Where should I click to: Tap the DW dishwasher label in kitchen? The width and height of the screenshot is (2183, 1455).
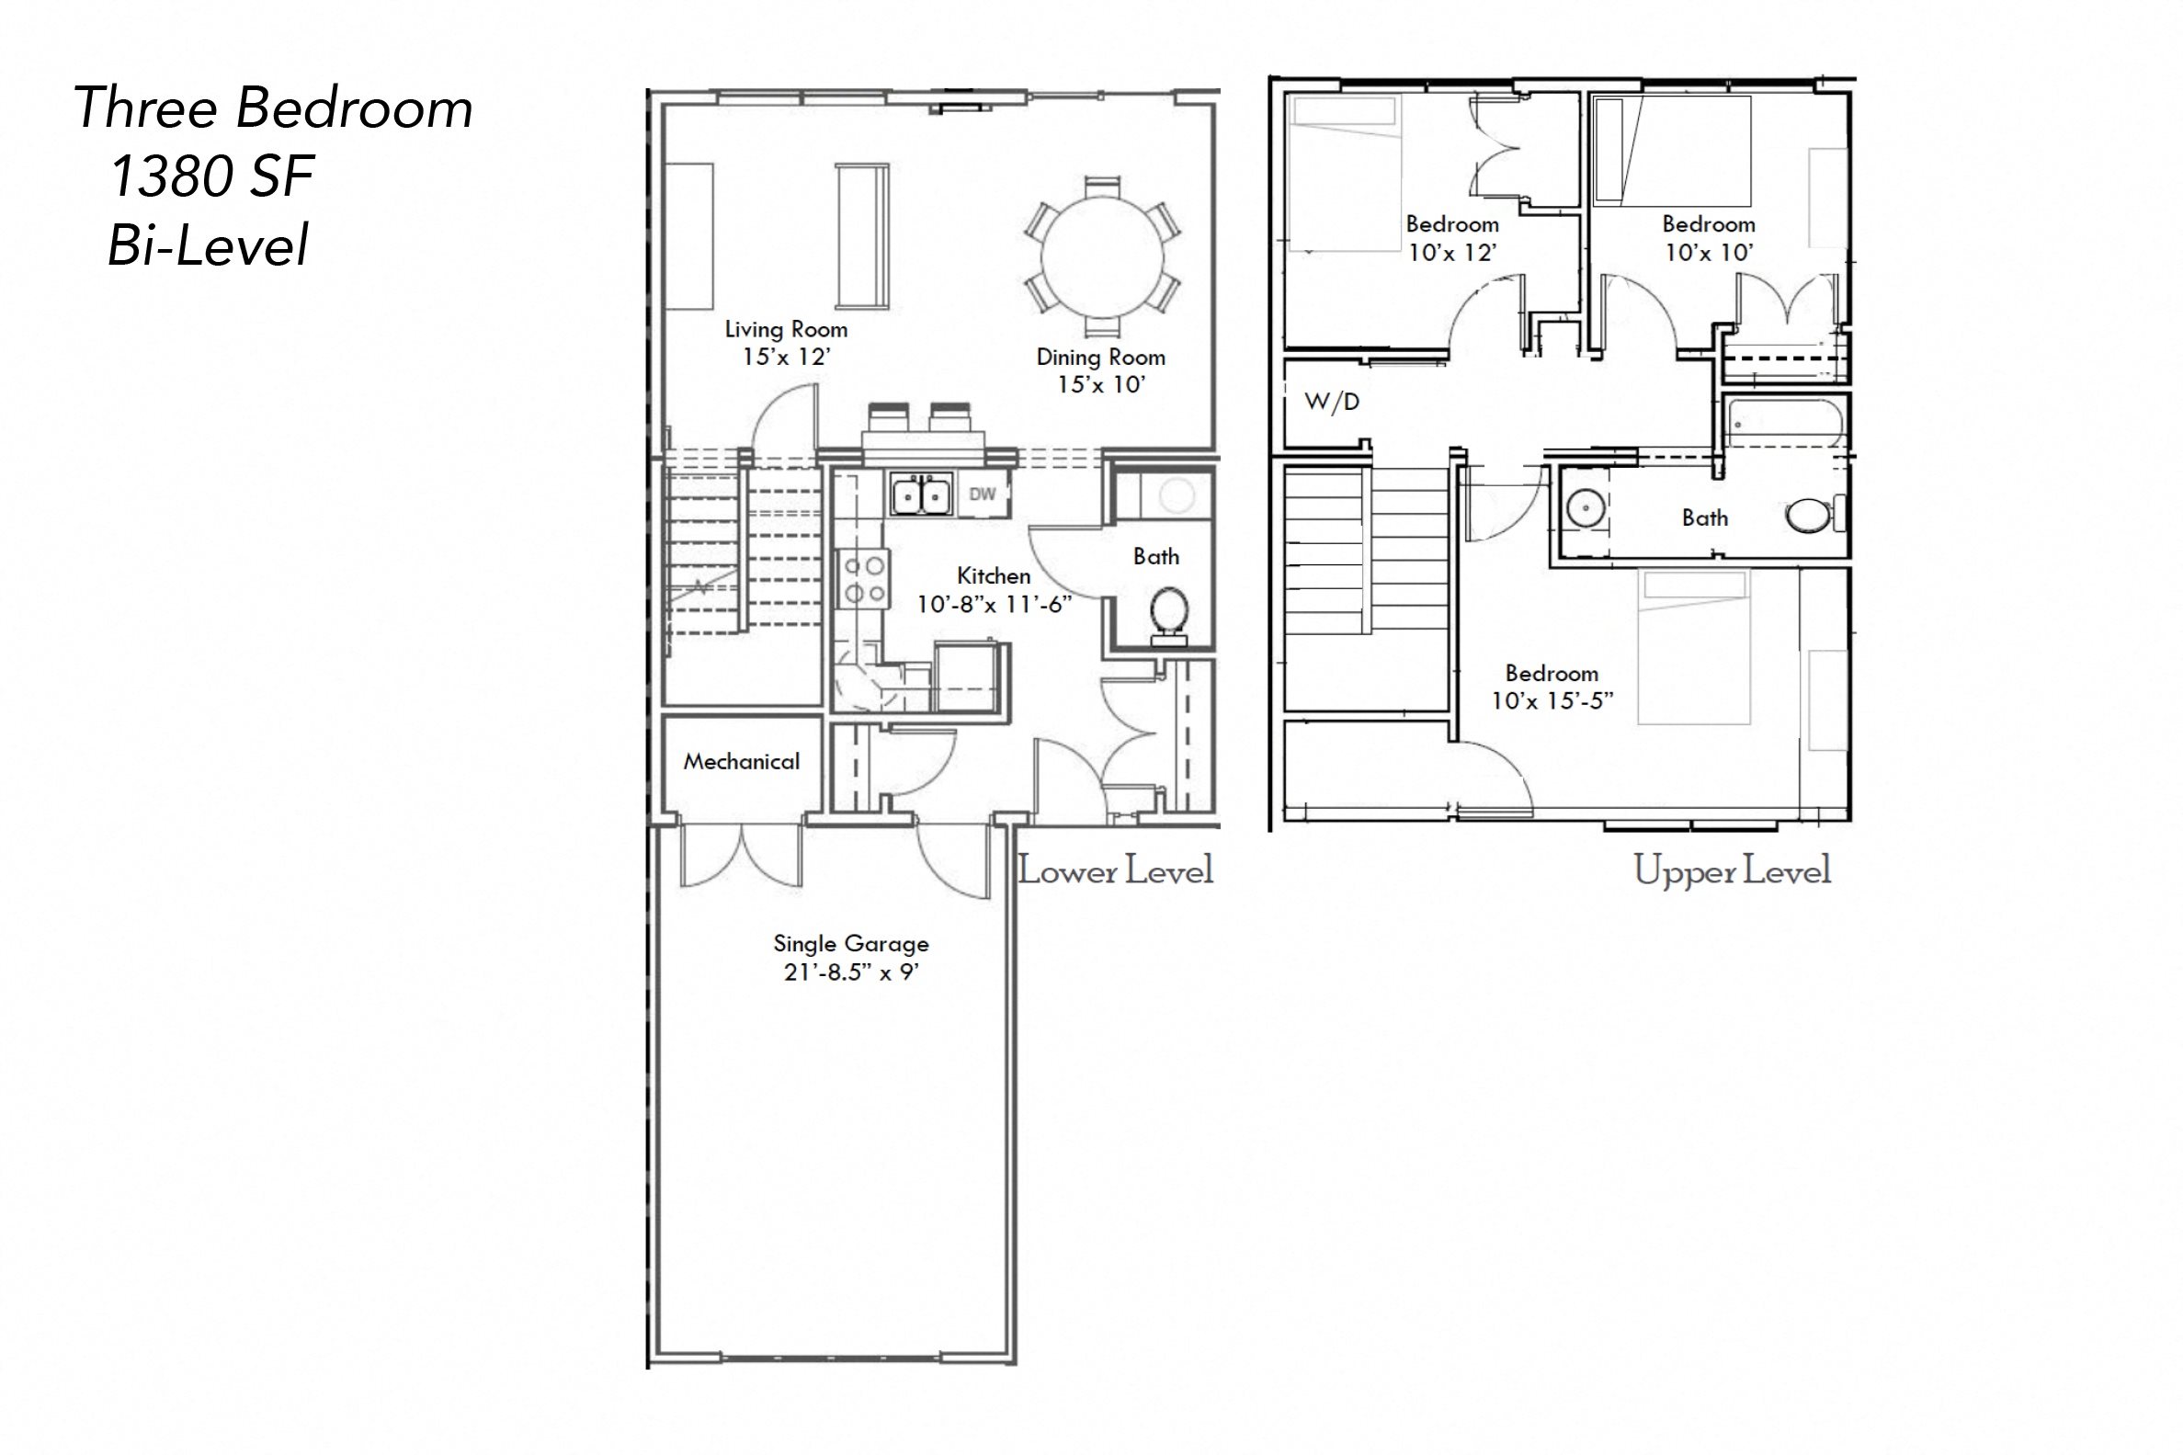click(x=983, y=494)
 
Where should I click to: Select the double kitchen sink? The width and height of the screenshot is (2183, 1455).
click(x=922, y=494)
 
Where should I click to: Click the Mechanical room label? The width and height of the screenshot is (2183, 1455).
click(x=741, y=762)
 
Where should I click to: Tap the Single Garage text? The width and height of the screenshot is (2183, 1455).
click(x=851, y=944)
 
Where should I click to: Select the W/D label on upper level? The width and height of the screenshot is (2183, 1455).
click(x=1332, y=402)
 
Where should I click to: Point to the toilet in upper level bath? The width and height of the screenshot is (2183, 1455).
click(x=1810, y=516)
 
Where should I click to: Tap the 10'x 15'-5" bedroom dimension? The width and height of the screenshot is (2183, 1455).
click(x=1552, y=700)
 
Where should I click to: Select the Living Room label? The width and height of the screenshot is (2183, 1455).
click(x=786, y=329)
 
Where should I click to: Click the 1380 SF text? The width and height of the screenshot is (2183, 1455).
click(x=211, y=176)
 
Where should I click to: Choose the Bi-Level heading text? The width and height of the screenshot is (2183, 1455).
click(x=208, y=247)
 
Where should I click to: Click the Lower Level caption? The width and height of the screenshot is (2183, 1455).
click(x=1115, y=871)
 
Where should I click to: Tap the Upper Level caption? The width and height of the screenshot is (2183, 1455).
click(x=1732, y=871)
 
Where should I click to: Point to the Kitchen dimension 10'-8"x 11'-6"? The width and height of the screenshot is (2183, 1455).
click(x=995, y=605)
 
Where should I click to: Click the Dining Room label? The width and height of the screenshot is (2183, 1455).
click(x=1100, y=358)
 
